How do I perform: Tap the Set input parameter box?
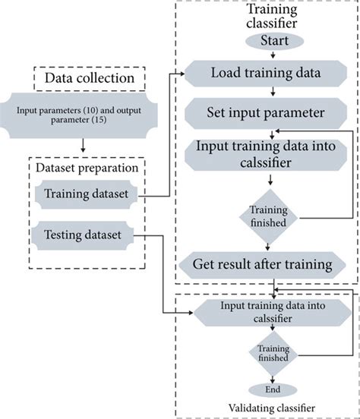point(267,113)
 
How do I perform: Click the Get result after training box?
point(267,264)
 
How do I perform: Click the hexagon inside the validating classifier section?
point(266,311)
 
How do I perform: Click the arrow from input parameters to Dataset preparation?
point(82,144)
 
